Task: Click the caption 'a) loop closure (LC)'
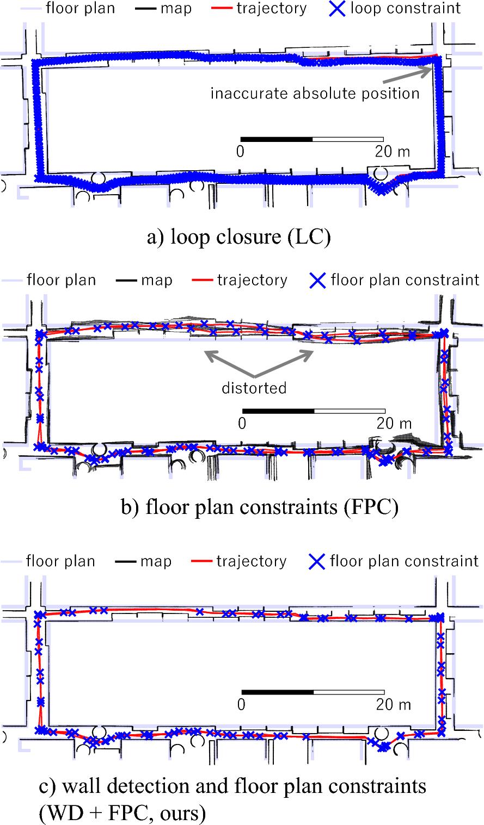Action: (238, 238)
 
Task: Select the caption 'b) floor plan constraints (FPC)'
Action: (260, 507)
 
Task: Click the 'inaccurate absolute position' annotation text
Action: (315, 94)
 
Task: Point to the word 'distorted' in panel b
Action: (254, 388)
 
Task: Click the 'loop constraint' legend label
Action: (406, 8)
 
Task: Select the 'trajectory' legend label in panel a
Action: (271, 8)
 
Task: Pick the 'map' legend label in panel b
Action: (156, 280)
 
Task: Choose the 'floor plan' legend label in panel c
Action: (60, 561)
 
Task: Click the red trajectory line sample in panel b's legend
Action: (202, 281)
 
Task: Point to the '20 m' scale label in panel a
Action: (392, 152)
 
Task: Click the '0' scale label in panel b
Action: (242, 423)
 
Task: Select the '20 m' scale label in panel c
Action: (393, 704)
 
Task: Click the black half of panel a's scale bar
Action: (276, 139)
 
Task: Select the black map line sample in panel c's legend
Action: (126, 561)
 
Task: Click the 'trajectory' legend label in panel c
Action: (251, 561)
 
